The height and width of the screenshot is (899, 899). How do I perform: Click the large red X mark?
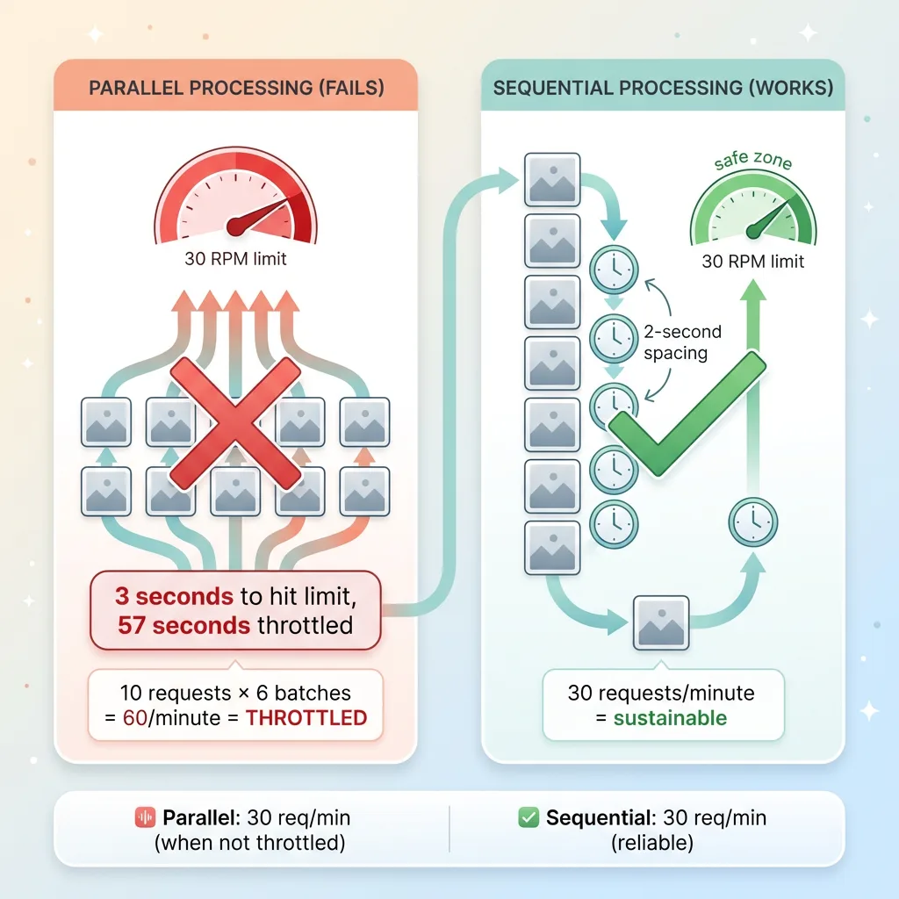[234, 424]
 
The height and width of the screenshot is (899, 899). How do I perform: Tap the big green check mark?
[687, 413]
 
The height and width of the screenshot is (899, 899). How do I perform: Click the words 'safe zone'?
[752, 161]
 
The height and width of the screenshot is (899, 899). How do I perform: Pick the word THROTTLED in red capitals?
[306, 717]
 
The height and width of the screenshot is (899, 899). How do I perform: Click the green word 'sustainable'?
[670, 717]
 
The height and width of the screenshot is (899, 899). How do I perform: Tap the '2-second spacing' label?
[682, 342]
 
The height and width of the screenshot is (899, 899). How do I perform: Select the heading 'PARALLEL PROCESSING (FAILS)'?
[234, 88]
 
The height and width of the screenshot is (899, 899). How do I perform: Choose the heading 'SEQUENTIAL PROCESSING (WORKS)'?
[663, 88]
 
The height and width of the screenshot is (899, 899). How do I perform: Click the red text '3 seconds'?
[174, 596]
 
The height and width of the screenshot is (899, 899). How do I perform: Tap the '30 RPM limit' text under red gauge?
[235, 259]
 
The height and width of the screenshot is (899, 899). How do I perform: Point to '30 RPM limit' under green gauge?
[753, 262]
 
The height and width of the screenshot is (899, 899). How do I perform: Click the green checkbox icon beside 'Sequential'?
[529, 818]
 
